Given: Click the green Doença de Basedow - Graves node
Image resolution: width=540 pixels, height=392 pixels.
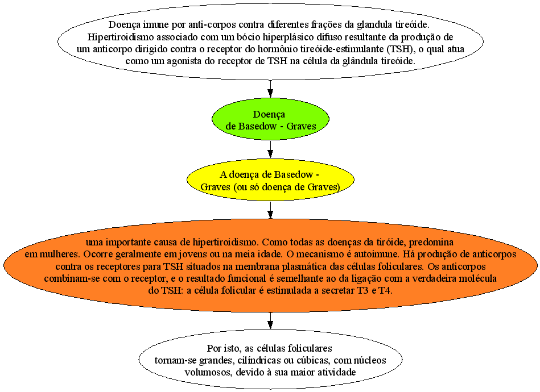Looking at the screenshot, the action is point(270,119).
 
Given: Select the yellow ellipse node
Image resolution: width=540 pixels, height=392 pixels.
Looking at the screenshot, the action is point(270,180).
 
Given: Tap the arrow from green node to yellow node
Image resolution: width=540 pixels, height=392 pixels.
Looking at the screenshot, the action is point(270,149).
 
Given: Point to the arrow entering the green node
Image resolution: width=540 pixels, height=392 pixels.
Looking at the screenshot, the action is point(270,89).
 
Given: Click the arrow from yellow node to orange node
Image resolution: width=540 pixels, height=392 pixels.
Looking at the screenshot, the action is point(270,210).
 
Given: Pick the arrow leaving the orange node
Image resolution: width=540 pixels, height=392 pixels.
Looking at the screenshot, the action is point(270,321).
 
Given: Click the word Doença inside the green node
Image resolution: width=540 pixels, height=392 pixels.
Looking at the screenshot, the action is point(269,115).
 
